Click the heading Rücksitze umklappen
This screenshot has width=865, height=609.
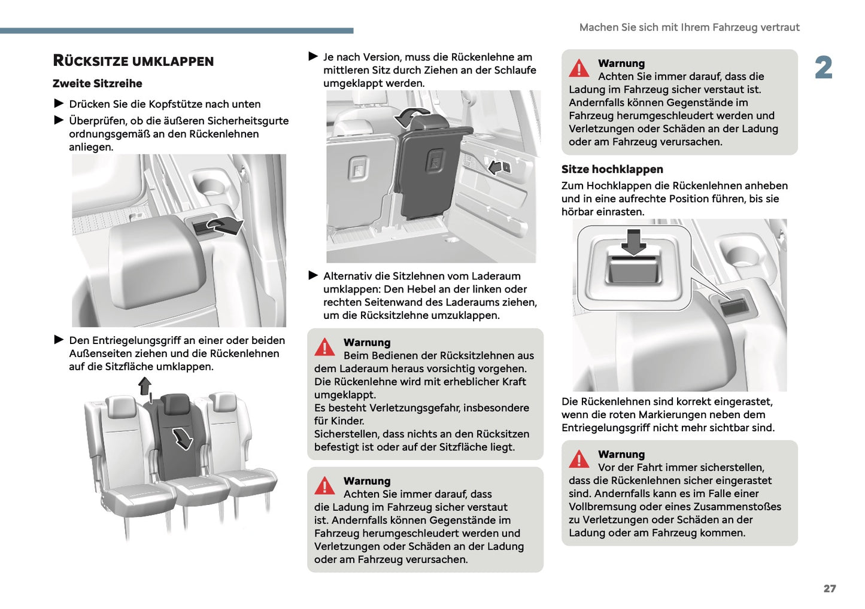tap(133, 61)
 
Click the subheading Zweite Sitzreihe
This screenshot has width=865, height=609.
tap(98, 84)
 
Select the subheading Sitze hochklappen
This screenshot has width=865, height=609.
tap(612, 169)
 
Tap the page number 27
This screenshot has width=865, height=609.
tap(829, 589)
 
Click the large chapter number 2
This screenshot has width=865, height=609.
tap(824, 68)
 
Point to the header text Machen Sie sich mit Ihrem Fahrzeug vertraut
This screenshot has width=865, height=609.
tap(689, 28)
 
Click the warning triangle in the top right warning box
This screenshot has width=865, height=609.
tap(579, 69)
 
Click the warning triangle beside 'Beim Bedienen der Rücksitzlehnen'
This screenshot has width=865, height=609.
tap(324, 348)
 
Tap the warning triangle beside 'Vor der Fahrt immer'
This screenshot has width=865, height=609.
tap(579, 459)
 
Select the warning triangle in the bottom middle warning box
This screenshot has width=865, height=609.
tap(324, 486)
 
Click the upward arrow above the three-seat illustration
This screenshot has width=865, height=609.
tap(144, 386)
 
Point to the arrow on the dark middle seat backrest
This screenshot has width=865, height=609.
tap(182, 438)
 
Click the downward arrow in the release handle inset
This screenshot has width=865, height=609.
tap(633, 241)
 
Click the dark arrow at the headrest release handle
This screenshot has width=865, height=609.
tap(224, 226)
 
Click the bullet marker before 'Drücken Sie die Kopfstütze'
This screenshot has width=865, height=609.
tap(59, 103)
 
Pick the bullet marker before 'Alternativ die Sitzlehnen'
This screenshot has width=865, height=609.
tap(313, 276)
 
